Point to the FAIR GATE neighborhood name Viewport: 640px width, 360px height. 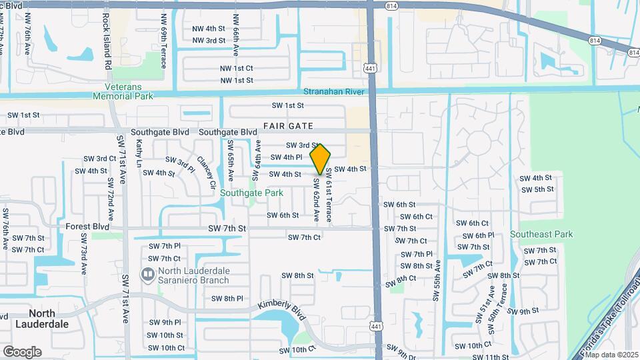pyautogui.click(x=288, y=125)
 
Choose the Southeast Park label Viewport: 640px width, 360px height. pyautogui.click(x=541, y=234)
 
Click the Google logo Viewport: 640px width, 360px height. pyautogui.click(x=22, y=351)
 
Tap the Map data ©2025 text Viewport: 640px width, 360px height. pyautogui.click(x=611, y=355)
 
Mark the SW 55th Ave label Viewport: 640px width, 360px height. pyautogui.click(x=437, y=280)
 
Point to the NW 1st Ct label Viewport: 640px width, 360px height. pyautogui.click(x=237, y=68)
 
